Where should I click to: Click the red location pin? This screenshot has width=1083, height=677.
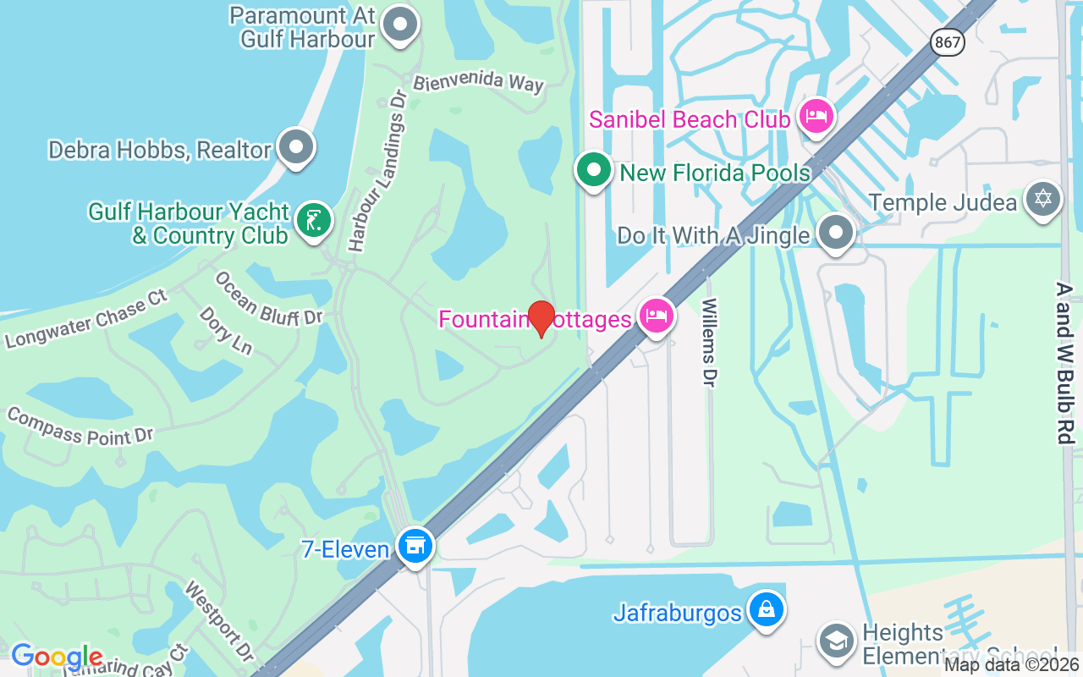click(541, 318)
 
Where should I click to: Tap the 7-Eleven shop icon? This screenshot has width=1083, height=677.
click(415, 545)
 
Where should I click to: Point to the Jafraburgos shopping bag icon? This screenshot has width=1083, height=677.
click(767, 609)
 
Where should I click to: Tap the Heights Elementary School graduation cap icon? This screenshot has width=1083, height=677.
click(836, 641)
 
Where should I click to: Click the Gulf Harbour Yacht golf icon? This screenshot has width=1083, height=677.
click(314, 221)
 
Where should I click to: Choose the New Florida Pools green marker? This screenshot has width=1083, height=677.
click(594, 170)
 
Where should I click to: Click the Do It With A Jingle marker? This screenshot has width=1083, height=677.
click(836, 231)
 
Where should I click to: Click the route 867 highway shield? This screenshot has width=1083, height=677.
click(948, 41)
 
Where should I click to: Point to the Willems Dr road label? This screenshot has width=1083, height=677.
click(709, 342)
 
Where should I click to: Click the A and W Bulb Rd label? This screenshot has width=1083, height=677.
click(1064, 364)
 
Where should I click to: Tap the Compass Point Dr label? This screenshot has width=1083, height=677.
click(80, 426)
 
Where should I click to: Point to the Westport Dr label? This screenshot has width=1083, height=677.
click(218, 620)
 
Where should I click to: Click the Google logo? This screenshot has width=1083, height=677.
click(57, 657)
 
